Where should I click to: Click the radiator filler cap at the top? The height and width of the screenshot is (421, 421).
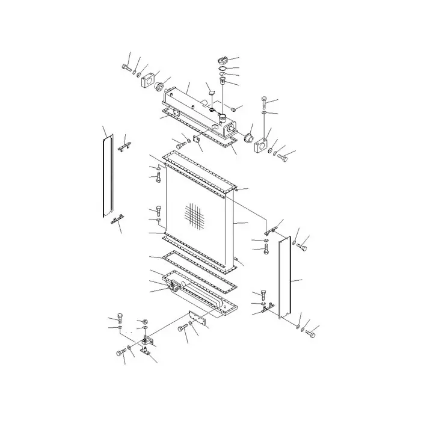point(221,60)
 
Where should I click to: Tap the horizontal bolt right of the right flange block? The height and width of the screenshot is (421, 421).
point(283,158)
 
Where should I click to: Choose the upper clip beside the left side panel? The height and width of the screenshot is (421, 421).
point(125,146)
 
